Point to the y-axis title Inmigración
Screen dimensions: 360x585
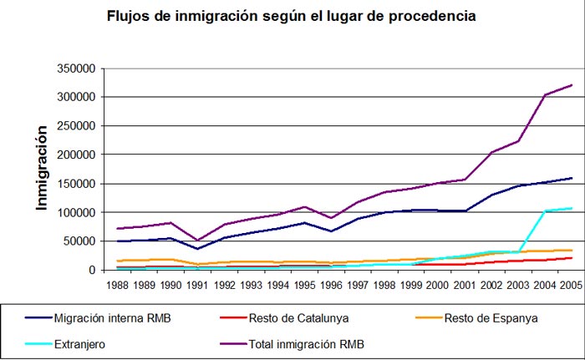[x=39, y=168]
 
